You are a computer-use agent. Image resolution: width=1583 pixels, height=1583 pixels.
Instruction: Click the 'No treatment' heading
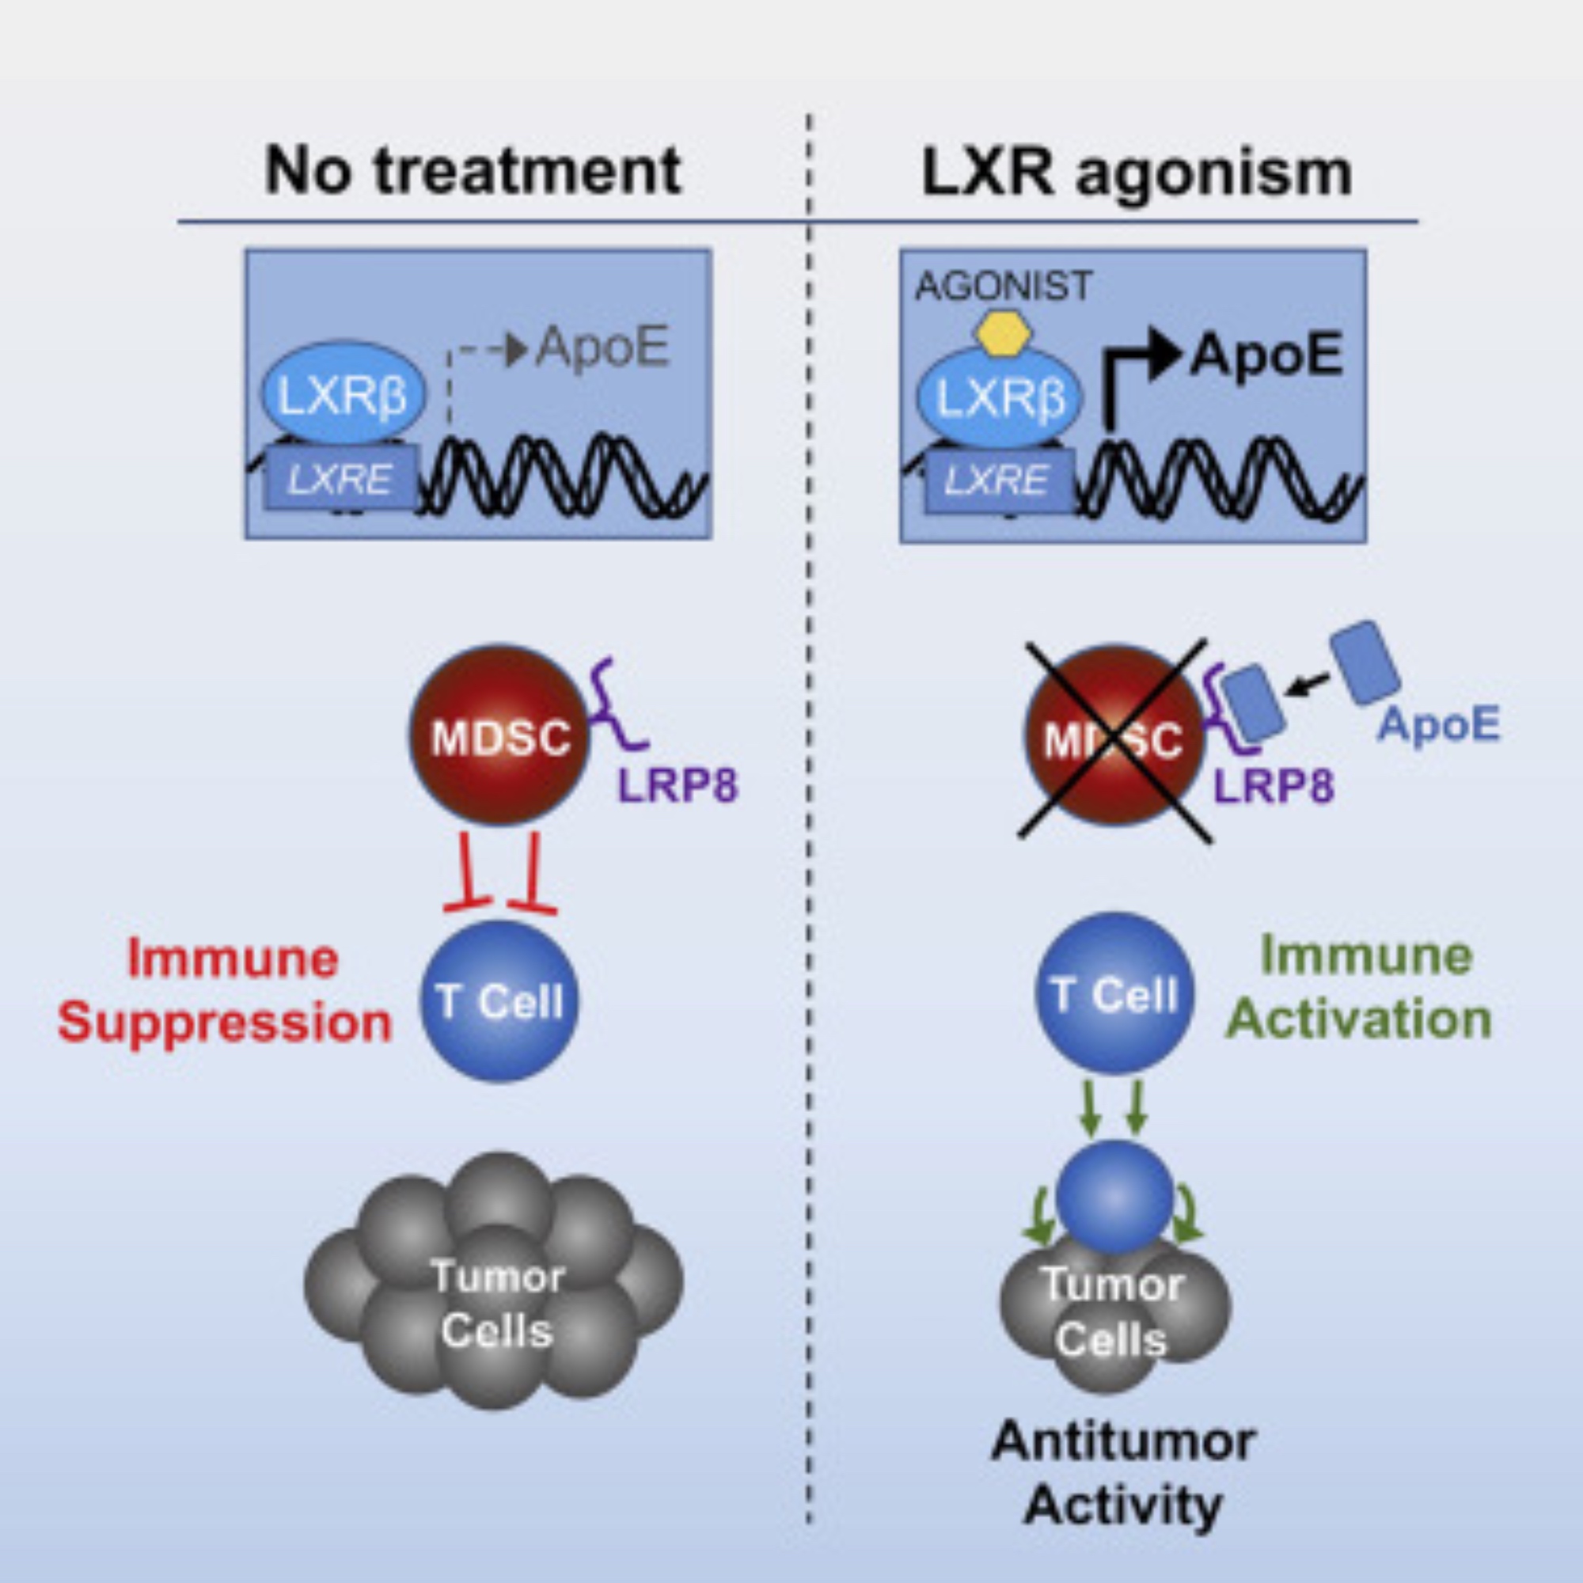tap(473, 170)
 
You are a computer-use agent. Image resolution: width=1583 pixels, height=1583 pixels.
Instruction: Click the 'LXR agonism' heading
tap(1137, 172)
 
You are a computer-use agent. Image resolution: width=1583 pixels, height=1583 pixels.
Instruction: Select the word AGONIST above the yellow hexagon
tap(1003, 286)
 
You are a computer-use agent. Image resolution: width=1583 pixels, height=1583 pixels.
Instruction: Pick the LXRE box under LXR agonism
tap(996, 480)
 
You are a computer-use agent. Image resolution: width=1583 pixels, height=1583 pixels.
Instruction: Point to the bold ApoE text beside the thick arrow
tap(1266, 355)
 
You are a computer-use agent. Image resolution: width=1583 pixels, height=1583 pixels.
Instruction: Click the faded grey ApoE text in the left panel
tap(603, 347)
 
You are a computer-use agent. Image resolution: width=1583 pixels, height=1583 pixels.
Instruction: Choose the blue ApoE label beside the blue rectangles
tap(1439, 724)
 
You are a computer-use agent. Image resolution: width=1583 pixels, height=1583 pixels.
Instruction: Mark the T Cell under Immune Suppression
tap(499, 1000)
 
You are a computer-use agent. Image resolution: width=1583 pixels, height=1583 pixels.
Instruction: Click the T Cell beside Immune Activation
tap(1114, 994)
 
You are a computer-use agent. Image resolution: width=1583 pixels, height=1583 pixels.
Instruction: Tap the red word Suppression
tap(226, 1023)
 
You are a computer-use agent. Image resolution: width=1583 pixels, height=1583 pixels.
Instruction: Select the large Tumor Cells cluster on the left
tap(494, 1303)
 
